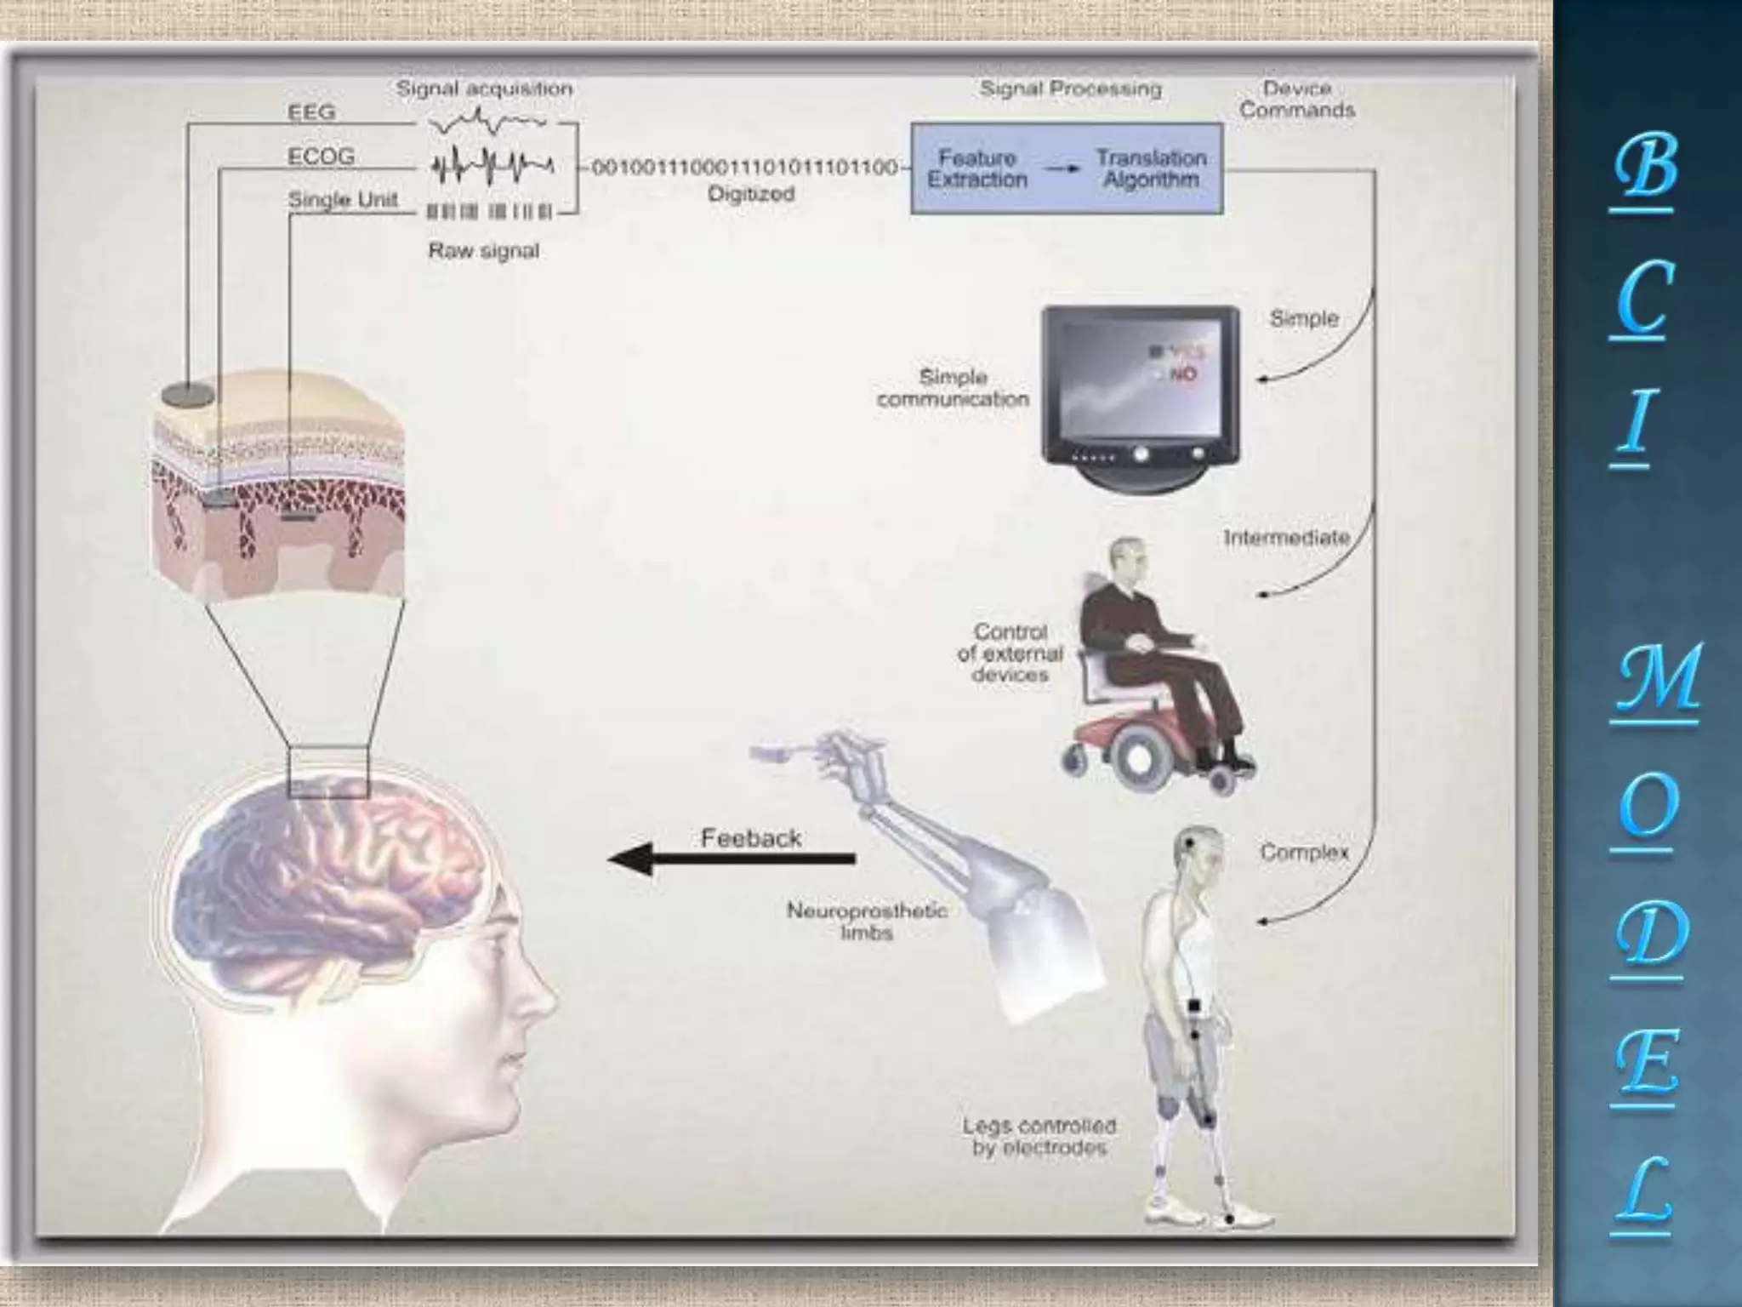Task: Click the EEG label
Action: point(312,112)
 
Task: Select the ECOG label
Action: point(322,157)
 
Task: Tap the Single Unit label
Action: point(343,200)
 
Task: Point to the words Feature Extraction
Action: point(977,168)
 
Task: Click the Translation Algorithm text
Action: point(1151,168)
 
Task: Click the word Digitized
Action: point(751,194)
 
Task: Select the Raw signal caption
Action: point(483,251)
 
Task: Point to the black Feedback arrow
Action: point(732,859)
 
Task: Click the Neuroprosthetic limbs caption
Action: point(867,922)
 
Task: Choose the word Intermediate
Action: point(1286,538)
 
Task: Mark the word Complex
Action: point(1304,852)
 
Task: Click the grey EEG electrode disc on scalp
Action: point(187,394)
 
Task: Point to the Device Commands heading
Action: point(1296,100)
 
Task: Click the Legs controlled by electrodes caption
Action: point(1039,1137)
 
